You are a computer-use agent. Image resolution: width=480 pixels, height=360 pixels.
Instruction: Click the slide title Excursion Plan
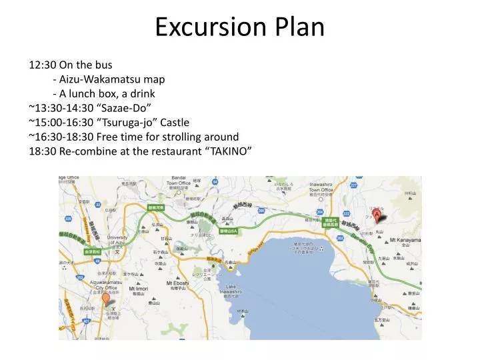point(240,27)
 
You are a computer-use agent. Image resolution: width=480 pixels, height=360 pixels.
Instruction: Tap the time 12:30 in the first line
point(42,65)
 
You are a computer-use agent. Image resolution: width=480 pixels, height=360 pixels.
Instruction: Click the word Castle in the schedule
point(174,122)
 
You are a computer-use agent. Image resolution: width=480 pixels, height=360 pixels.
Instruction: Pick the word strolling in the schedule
point(179,137)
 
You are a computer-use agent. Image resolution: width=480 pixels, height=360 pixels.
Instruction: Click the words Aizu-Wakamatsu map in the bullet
point(112,79)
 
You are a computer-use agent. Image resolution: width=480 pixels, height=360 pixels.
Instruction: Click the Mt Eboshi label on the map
point(178,283)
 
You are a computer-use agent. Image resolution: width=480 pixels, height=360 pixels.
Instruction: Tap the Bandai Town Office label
point(179,180)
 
